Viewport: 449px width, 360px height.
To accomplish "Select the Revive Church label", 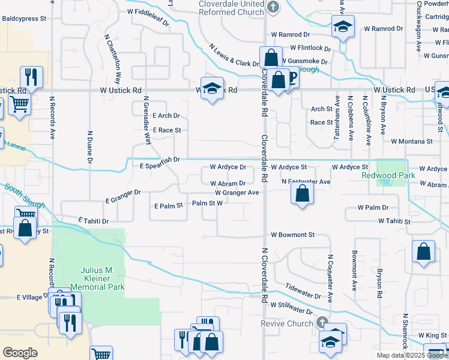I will coord(286,323).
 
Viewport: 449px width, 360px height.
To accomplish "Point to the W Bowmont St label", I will coord(293,235).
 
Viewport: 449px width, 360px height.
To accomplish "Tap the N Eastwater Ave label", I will coord(306,181).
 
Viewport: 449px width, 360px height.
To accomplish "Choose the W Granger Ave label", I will coord(237,193).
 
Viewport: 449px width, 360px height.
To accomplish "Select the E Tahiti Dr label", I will coord(93,221).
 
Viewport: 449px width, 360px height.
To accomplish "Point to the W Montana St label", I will coord(412,142).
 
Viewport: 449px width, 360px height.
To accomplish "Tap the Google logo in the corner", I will coord(20,353).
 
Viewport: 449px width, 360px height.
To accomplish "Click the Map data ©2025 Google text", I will coord(412,355).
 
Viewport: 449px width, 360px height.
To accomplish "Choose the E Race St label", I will coord(166,130).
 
